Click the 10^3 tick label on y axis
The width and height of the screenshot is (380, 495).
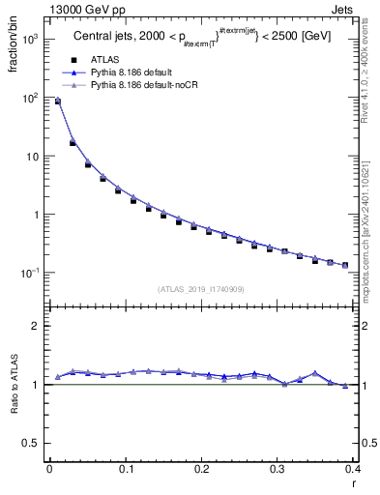click(x=32, y=40)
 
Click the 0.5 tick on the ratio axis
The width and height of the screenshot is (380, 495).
click(x=34, y=443)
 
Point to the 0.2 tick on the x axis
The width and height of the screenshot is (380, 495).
click(x=201, y=470)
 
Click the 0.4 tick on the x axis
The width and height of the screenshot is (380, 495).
click(x=353, y=470)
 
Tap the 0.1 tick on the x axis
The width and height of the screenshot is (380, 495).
click(x=125, y=470)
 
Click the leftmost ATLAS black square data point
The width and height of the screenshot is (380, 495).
click(x=57, y=102)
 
